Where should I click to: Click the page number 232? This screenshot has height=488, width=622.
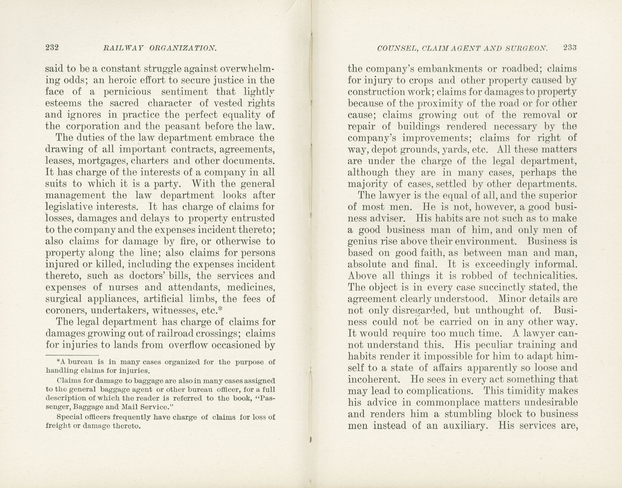(x=52, y=48)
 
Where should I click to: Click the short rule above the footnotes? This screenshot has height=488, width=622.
(x=71, y=354)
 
